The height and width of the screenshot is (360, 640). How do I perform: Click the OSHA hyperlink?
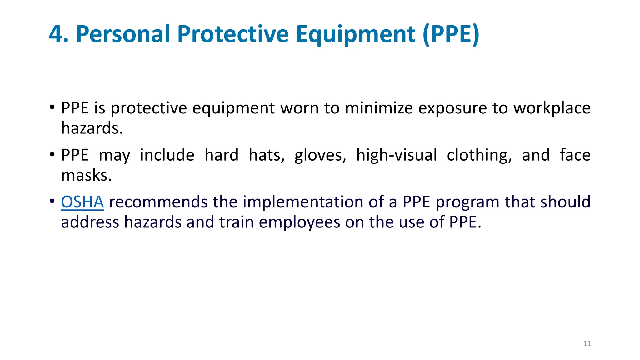(82, 202)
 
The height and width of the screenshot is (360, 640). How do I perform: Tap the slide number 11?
(587, 344)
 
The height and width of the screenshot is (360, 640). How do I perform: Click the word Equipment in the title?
(356, 34)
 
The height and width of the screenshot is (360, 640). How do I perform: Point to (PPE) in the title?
(451, 34)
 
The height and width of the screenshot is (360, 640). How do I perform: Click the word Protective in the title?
(233, 34)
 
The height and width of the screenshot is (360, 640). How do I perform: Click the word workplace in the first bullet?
(552, 108)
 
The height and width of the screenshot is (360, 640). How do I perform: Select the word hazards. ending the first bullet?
(92, 128)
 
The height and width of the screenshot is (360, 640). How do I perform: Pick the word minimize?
(379, 108)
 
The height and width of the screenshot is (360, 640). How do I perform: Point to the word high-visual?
(397, 155)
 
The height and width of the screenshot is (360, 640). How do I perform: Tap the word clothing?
(479, 155)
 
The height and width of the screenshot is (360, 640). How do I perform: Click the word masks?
(87, 175)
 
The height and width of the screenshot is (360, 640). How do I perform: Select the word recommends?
(158, 202)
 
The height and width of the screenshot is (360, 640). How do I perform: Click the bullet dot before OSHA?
(52, 201)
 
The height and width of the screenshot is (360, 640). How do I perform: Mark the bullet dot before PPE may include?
(52, 154)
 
